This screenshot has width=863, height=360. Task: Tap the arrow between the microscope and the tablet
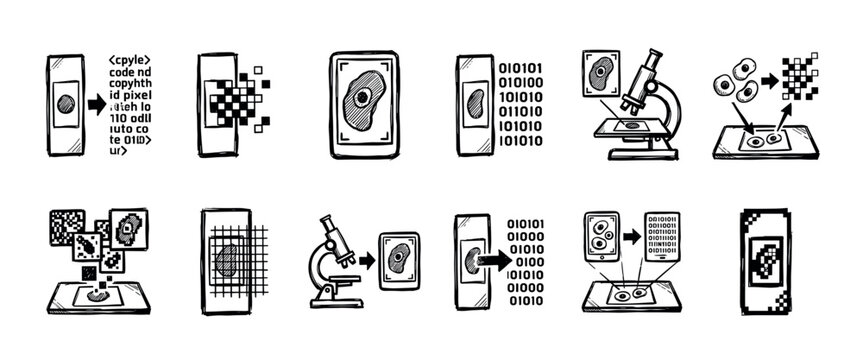[366, 260]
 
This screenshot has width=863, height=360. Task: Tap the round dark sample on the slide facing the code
[64, 103]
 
